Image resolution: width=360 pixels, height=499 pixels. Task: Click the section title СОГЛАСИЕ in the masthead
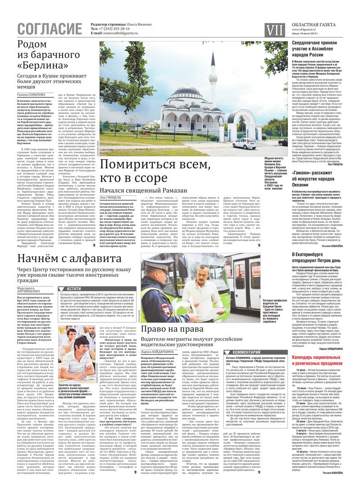coord(50,29)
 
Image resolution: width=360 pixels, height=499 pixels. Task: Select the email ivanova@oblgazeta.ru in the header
coord(121,33)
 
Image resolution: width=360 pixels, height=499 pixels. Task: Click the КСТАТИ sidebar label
coord(74,288)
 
